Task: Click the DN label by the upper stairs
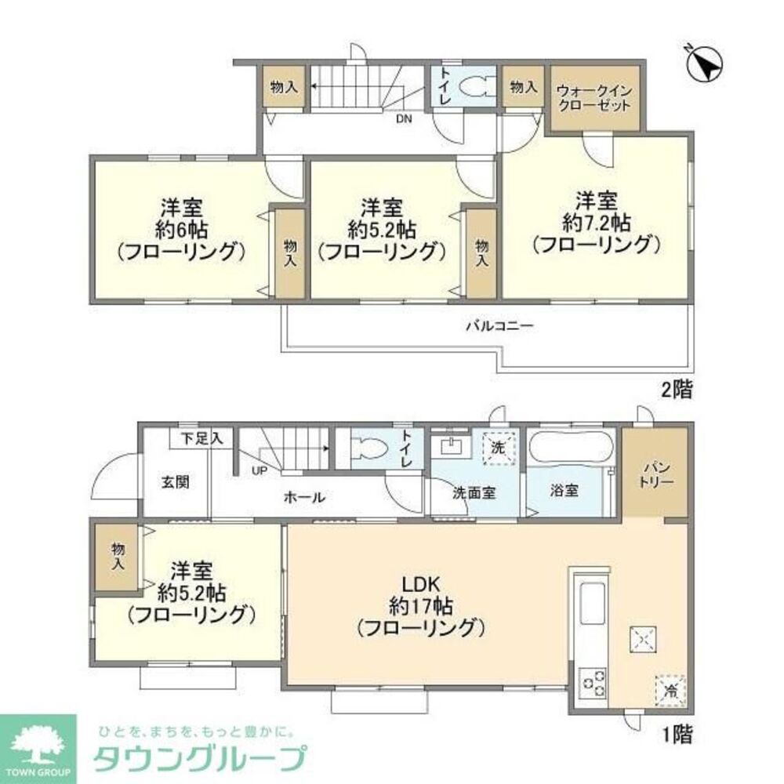coord(404,120)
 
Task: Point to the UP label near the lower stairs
coord(258,471)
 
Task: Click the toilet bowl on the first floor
coord(367,449)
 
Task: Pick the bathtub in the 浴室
coord(570,449)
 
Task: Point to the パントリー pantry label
coord(655,473)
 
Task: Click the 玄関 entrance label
coord(176,482)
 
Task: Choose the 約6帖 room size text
coord(182,230)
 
